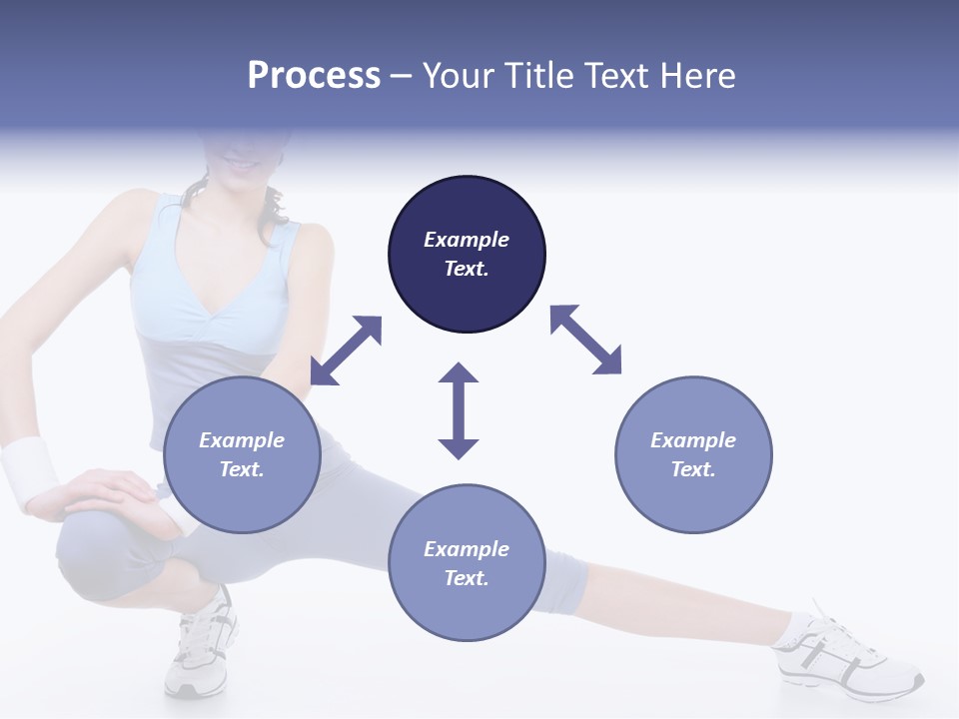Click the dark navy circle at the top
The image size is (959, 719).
point(467,254)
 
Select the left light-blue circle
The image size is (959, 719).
point(242,454)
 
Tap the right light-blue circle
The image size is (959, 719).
point(693,454)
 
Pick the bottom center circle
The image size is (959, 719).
point(467,563)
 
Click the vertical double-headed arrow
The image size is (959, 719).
point(459,410)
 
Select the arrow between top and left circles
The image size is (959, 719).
point(346,351)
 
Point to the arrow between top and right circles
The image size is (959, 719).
point(586,340)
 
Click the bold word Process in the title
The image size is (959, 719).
point(314,76)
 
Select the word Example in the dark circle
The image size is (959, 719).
point(467,240)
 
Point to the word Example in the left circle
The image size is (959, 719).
point(242,440)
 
